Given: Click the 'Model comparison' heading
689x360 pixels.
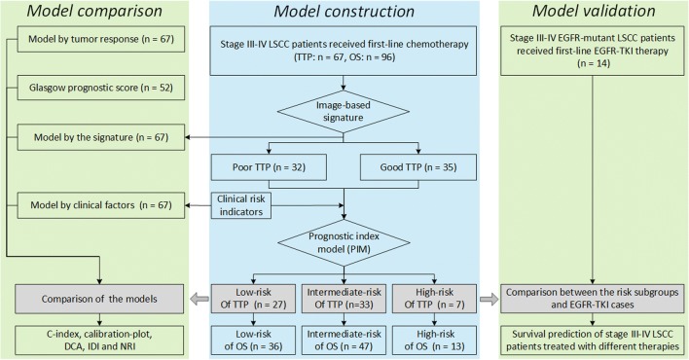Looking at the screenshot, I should pyautogui.click(x=86, y=14).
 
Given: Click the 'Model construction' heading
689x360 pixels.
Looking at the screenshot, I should pyautogui.click(x=343, y=14).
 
